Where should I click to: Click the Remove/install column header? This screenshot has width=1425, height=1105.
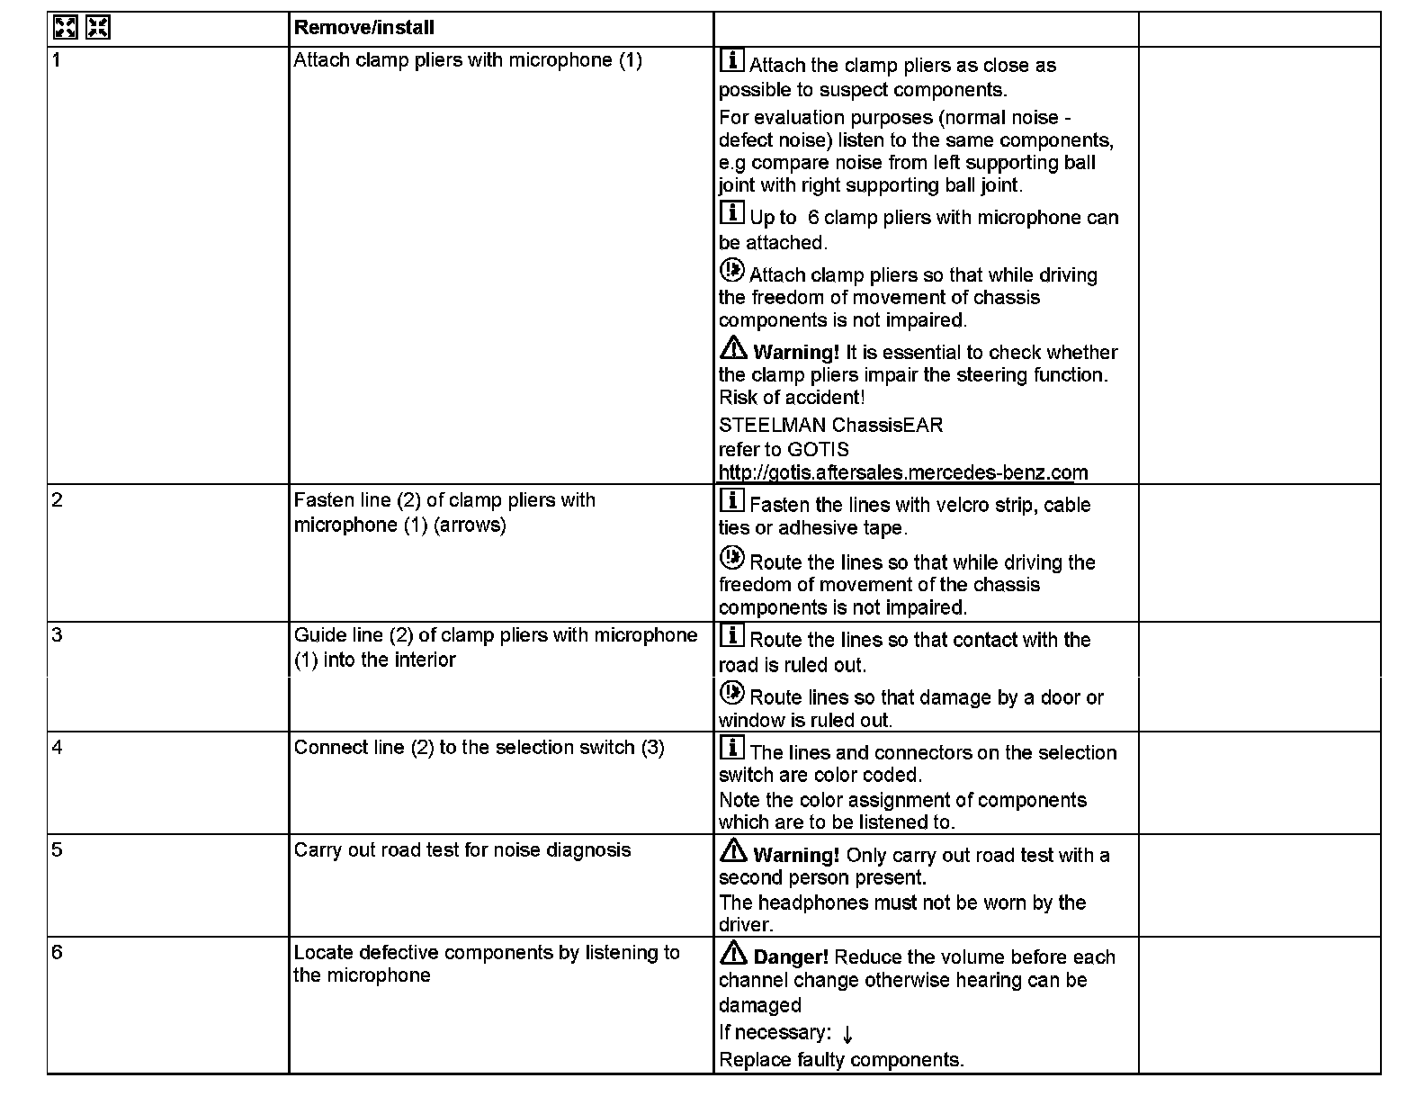click(x=363, y=28)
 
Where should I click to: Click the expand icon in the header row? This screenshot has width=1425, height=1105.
click(x=65, y=28)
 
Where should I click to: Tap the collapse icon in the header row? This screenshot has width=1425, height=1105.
click(x=97, y=28)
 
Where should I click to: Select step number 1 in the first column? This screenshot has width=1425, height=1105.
click(x=57, y=60)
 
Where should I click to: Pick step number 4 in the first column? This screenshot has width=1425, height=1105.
click(x=58, y=747)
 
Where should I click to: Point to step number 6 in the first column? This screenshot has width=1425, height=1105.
click(x=58, y=952)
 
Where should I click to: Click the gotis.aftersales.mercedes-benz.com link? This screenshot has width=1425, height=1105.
click(x=902, y=472)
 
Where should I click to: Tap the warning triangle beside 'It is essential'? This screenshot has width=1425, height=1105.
click(x=733, y=347)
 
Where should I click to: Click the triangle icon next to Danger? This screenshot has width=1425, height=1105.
click(x=733, y=952)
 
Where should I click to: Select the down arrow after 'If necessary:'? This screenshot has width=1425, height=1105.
click(x=847, y=1035)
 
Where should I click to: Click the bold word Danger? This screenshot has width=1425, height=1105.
click(x=791, y=957)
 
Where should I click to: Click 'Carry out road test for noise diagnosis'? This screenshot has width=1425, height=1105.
click(x=462, y=850)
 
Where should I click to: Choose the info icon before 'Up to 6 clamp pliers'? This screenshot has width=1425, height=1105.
click(x=732, y=213)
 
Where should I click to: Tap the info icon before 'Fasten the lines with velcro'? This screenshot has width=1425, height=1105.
click(x=732, y=500)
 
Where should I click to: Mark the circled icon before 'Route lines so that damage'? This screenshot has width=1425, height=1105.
click(x=732, y=693)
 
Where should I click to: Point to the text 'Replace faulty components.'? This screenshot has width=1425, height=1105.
click(x=841, y=1060)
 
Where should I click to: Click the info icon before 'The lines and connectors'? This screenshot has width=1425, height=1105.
click(x=732, y=748)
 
